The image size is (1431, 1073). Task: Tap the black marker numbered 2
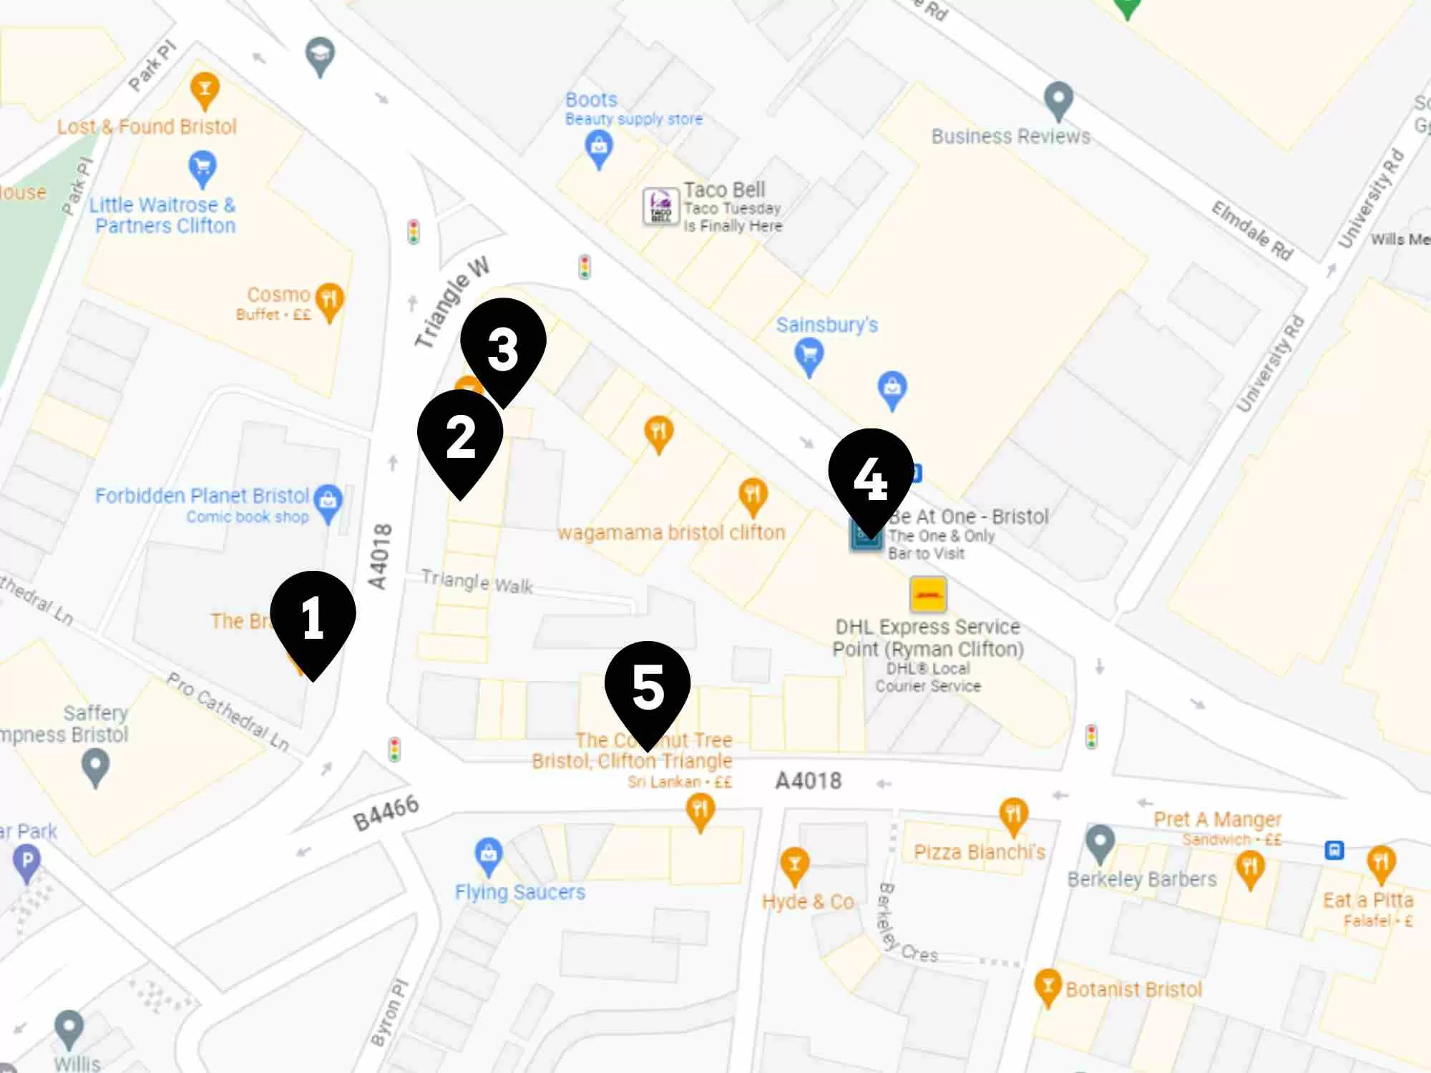tap(460, 437)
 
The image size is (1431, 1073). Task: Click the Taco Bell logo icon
tap(660, 206)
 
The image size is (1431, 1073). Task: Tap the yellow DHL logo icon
tap(928, 594)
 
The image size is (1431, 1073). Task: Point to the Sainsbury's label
tap(827, 325)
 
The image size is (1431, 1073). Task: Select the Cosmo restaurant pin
tap(329, 300)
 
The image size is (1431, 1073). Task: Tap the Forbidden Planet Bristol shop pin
tap(328, 501)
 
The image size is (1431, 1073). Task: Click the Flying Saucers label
tap(520, 892)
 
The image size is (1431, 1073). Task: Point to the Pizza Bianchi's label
tap(980, 852)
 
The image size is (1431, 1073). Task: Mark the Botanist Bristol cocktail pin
tap(1047, 987)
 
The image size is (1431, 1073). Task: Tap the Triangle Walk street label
tap(477, 582)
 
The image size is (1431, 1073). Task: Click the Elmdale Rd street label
tap(1252, 230)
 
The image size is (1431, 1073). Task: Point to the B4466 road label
tap(386, 813)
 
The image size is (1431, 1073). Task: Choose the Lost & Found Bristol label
tap(147, 127)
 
